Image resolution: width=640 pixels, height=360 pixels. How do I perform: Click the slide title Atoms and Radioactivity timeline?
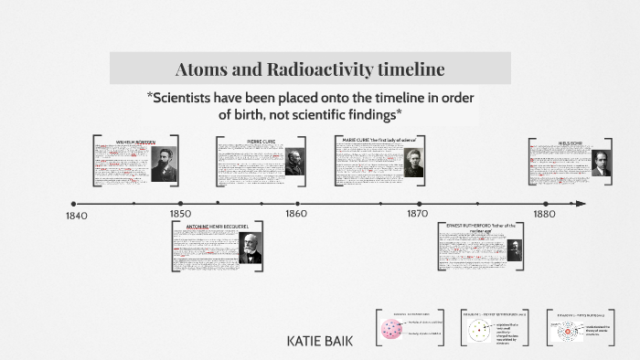(310, 69)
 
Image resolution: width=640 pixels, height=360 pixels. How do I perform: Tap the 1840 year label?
(77, 216)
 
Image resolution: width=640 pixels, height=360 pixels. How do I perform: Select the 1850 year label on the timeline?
(180, 214)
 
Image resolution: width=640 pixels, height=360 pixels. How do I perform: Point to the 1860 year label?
(295, 214)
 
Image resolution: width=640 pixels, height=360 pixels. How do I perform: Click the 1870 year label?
(417, 214)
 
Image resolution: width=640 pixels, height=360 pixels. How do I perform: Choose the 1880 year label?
(544, 214)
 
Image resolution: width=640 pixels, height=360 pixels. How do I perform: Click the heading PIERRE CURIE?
(261, 142)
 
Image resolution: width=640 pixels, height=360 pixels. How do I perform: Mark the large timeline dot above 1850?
(180, 204)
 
